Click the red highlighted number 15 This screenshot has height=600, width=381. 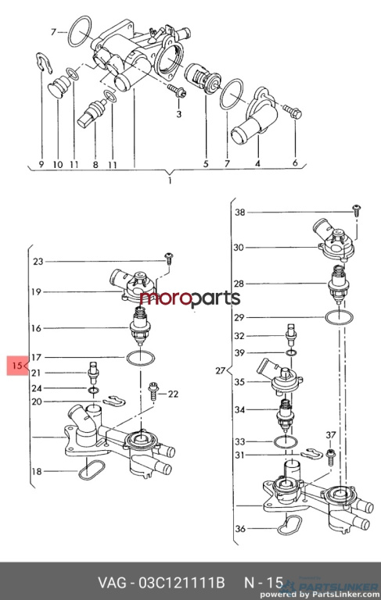(x=17, y=366)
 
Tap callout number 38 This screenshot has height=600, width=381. (x=239, y=212)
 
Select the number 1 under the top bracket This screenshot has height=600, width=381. (x=170, y=180)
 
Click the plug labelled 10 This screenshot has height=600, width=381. (x=58, y=87)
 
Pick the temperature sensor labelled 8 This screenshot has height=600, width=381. (x=92, y=112)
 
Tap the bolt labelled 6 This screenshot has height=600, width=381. (x=293, y=112)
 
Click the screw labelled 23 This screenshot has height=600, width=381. (x=168, y=258)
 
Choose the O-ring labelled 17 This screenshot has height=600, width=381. (x=140, y=359)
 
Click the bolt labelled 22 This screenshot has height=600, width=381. (x=153, y=391)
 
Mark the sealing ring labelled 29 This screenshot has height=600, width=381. (x=340, y=318)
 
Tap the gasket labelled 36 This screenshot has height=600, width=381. (x=289, y=525)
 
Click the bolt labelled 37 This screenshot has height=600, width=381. (x=331, y=456)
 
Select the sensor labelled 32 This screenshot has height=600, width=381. (x=291, y=334)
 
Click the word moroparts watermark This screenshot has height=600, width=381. (x=190, y=298)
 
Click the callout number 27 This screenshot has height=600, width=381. (x=220, y=370)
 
